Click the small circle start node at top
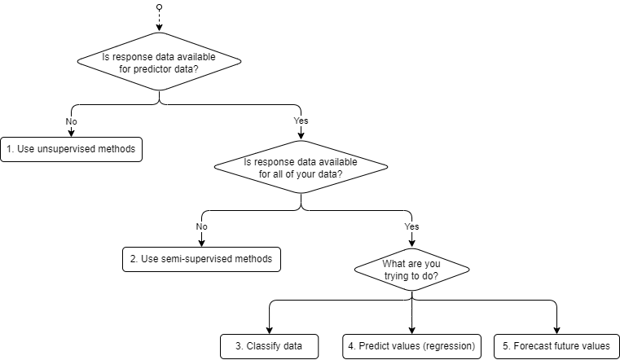(159, 7)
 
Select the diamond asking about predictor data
(159, 62)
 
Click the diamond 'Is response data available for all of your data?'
(301, 168)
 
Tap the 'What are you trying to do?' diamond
(411, 270)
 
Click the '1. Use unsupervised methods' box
(72, 150)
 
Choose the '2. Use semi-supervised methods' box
(201, 258)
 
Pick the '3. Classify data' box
(269, 346)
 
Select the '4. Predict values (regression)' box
(411, 346)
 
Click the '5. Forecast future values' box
(556, 346)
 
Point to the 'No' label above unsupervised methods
(71, 121)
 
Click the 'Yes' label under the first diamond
(301, 121)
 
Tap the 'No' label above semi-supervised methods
(201, 226)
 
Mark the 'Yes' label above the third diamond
(411, 226)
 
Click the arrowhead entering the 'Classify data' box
(269, 330)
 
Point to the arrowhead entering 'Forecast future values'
(556, 330)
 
